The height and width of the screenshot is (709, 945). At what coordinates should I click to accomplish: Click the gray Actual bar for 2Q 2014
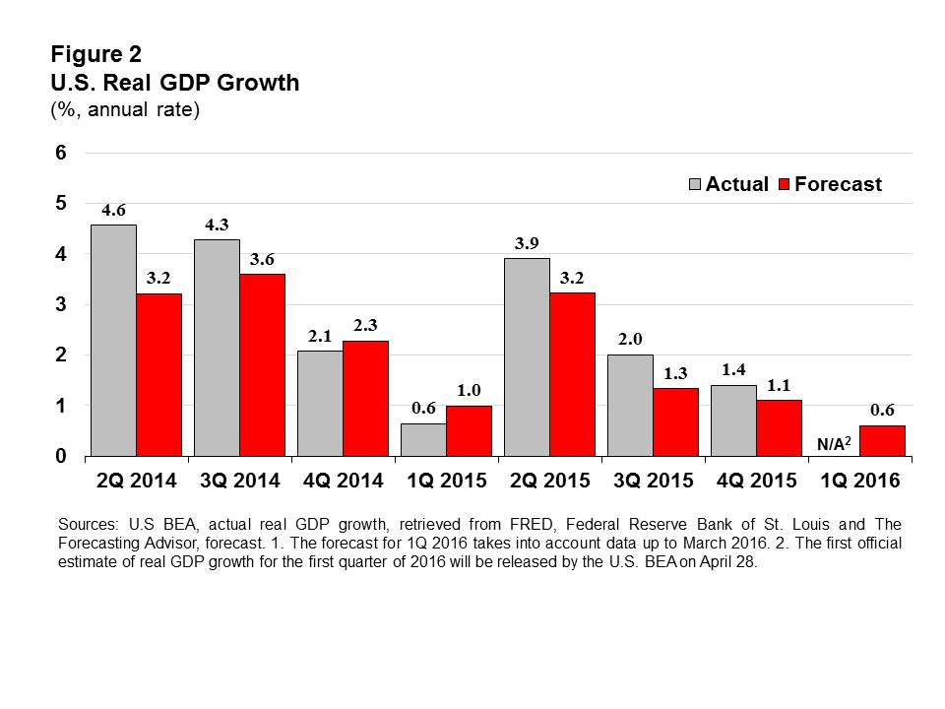(113, 341)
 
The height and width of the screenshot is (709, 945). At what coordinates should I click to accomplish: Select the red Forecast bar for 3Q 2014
(262, 365)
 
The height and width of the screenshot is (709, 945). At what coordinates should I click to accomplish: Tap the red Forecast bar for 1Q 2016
(882, 441)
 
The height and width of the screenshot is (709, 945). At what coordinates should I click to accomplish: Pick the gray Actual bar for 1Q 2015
(422, 440)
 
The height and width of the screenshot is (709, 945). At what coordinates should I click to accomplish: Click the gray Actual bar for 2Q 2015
(527, 357)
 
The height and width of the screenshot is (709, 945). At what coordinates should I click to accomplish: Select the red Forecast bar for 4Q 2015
(779, 428)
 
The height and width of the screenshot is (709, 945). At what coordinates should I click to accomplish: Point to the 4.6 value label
(113, 211)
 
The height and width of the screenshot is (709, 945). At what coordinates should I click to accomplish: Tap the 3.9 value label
(527, 244)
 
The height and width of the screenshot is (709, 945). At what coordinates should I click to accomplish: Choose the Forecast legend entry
(829, 184)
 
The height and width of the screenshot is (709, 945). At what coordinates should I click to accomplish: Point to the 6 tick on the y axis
(60, 153)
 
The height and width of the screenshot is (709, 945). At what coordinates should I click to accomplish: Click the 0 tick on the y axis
(60, 457)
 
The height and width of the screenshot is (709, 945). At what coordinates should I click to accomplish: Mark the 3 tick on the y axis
(60, 305)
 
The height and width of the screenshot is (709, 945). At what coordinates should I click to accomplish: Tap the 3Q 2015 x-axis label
(654, 482)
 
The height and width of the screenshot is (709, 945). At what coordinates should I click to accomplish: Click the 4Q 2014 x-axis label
(344, 482)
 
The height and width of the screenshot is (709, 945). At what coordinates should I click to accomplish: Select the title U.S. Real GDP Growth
(175, 83)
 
